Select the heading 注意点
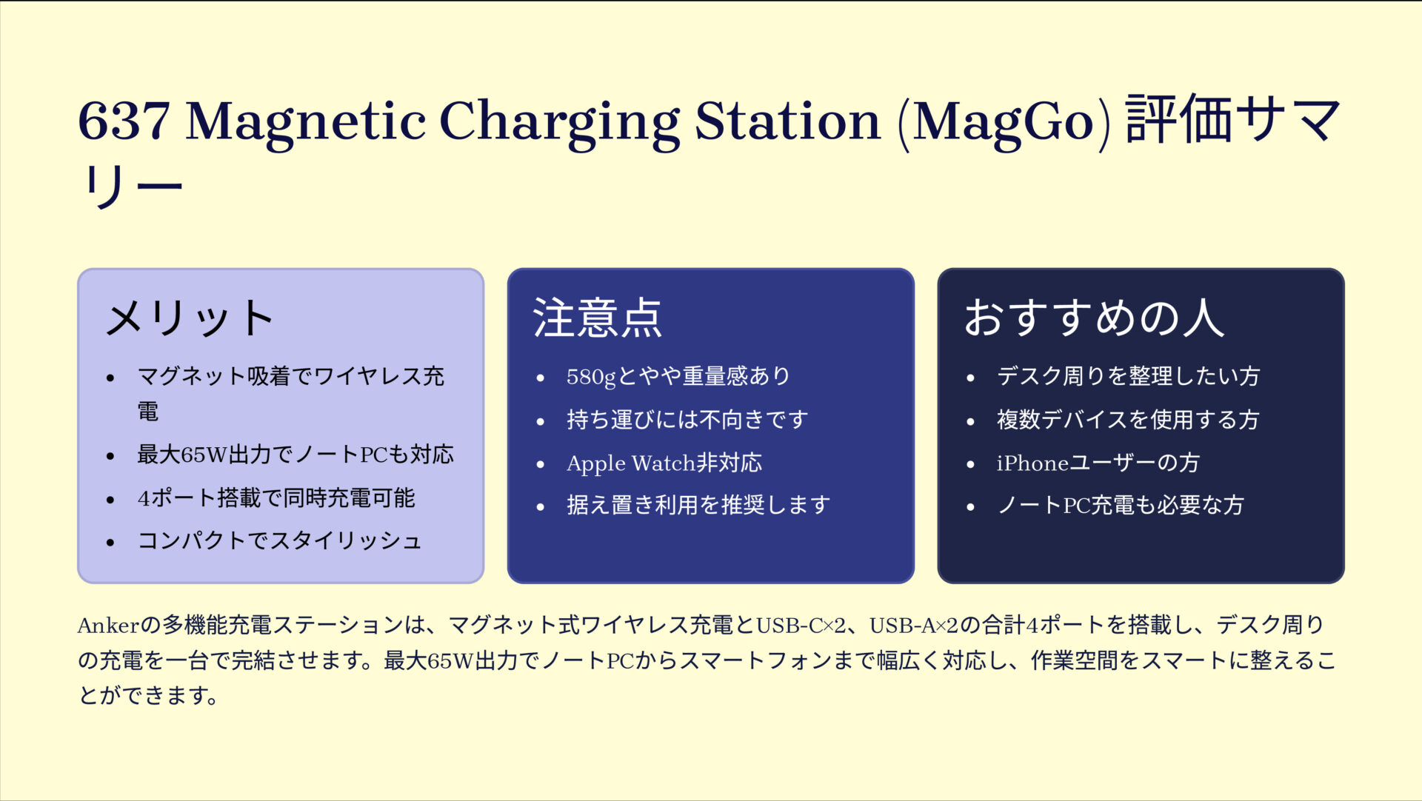click(x=597, y=318)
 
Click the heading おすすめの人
click(x=1094, y=318)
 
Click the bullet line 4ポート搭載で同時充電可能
click(x=276, y=498)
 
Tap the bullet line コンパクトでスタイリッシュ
click(x=279, y=541)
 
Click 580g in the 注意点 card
click(x=591, y=377)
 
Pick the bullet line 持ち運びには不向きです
click(x=687, y=420)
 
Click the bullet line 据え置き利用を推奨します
click(x=698, y=506)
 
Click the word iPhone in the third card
click(x=1032, y=463)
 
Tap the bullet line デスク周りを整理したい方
click(x=1127, y=377)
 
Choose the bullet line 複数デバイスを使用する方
click(x=1127, y=420)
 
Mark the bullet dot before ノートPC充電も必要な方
click(x=970, y=507)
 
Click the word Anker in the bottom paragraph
click(x=108, y=626)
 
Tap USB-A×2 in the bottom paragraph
click(x=914, y=626)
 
